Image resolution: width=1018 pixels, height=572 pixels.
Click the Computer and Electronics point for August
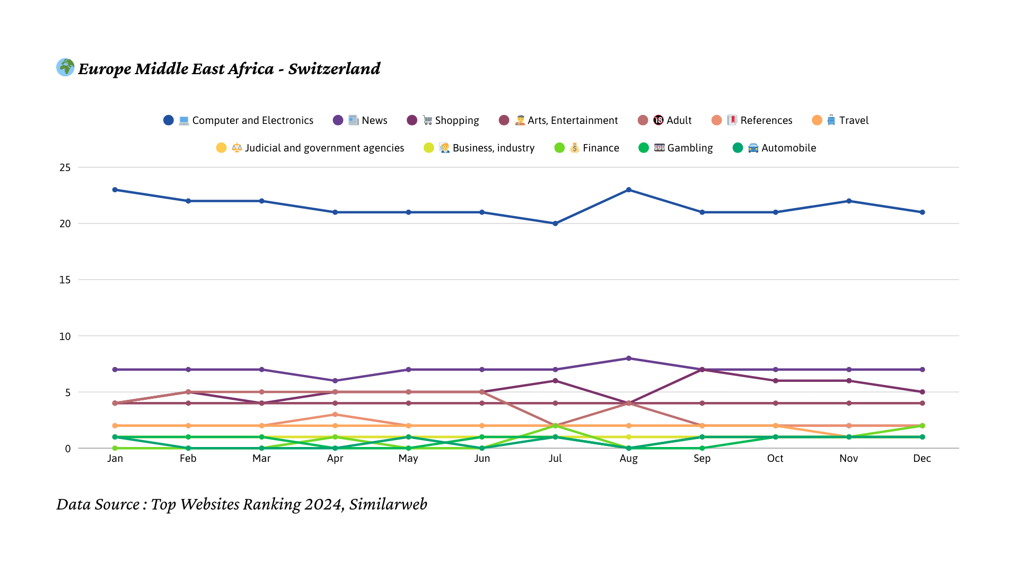629,190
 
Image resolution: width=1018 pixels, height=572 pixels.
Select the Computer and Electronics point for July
555,224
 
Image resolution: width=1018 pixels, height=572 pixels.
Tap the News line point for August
629,359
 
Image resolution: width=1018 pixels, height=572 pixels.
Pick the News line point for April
335,381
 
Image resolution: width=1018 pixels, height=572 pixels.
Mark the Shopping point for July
555,381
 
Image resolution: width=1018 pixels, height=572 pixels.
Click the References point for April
335,415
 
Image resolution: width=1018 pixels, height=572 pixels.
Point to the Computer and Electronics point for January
115,190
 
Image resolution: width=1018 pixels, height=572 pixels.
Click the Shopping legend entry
443,120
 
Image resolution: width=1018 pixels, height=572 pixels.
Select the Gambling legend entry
676,148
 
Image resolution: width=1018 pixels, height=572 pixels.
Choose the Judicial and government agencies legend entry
310,148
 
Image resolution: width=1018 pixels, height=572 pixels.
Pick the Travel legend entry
840,120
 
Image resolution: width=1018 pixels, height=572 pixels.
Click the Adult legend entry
665,120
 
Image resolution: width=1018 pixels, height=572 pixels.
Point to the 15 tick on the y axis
65,280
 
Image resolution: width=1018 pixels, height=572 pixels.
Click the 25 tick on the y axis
65,167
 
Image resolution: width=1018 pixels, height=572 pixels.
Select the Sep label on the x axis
702,459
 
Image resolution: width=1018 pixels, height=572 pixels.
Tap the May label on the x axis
408,459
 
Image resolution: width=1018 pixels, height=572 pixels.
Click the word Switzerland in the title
334,69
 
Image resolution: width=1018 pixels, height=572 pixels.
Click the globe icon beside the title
65,67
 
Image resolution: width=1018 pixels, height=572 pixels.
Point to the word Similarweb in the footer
388,504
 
